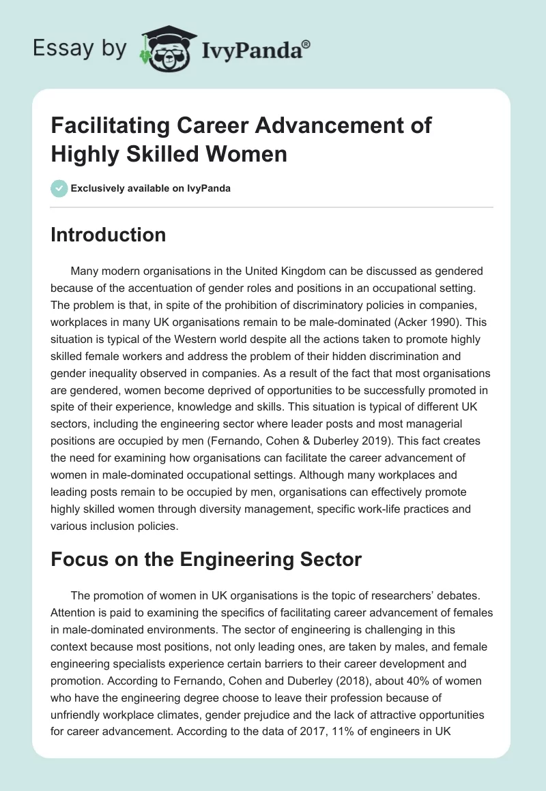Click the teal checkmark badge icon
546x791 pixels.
[x=59, y=188]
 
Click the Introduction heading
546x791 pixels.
[x=109, y=235]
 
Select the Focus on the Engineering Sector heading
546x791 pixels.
[x=205, y=559]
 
